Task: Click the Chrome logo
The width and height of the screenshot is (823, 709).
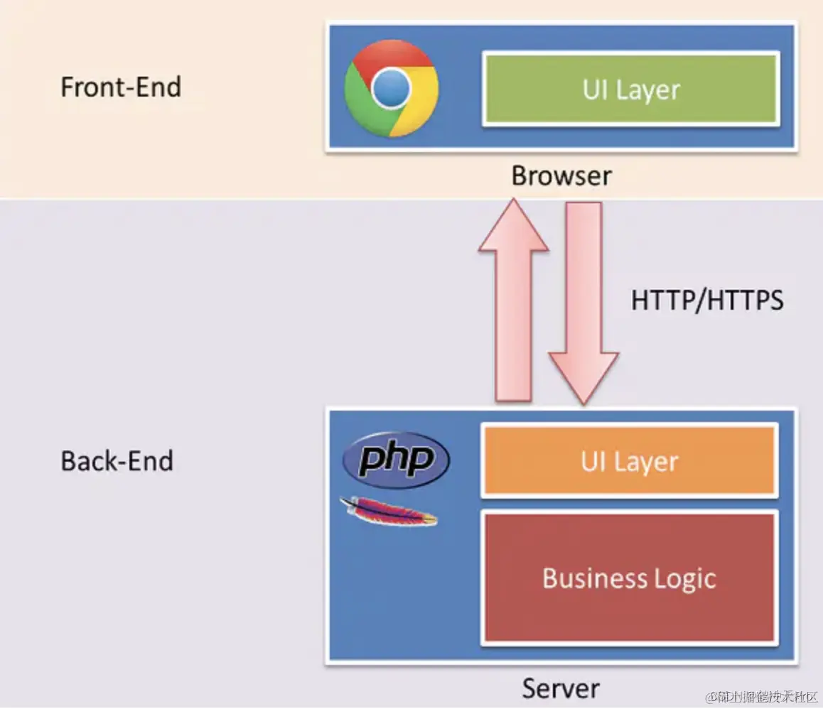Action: (x=392, y=89)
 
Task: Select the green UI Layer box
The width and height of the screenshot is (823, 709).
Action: (x=631, y=89)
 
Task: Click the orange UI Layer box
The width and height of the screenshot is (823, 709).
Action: (x=630, y=461)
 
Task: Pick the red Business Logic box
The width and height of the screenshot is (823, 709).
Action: (x=630, y=578)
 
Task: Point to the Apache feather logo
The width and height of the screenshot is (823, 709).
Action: (x=388, y=512)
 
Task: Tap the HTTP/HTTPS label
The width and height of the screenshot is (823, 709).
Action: (x=707, y=301)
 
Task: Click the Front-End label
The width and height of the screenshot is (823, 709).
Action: (x=121, y=87)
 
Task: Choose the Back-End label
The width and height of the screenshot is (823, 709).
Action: (x=117, y=461)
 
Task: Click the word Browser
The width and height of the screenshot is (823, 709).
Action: (x=561, y=175)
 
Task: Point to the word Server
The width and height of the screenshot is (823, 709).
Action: (x=561, y=688)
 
